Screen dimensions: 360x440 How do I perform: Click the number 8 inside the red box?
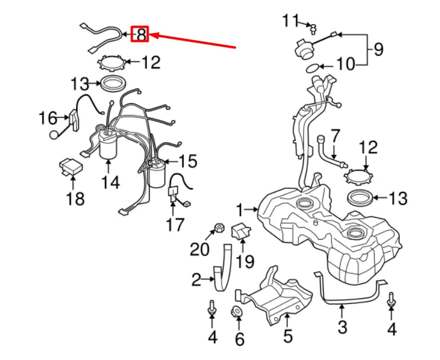coord(141,35)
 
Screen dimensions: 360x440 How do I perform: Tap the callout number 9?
coord(378,50)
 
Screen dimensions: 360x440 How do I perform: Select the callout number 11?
coord(290,21)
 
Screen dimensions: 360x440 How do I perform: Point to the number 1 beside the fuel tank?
coord(240,209)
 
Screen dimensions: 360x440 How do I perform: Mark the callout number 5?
coord(287,337)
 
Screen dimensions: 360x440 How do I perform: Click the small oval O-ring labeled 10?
coord(313,68)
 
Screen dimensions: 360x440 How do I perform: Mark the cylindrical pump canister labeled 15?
coord(156,174)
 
